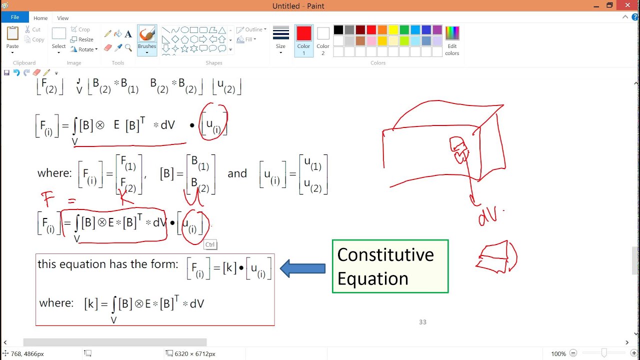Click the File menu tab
coord(15,17)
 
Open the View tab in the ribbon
coord(63,18)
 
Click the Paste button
coord(12,38)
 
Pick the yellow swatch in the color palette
coord(393,30)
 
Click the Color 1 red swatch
coord(303,39)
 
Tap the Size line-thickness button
coord(281,39)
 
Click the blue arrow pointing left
coord(302,268)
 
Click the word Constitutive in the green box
coord(385,255)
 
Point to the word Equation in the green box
coord(372,278)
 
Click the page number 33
coord(422,322)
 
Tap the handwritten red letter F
coord(48,199)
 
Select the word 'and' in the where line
coord(237,173)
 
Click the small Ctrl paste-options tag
coord(210,244)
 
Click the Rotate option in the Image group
coord(84,49)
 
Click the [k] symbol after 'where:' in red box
coord(90,303)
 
